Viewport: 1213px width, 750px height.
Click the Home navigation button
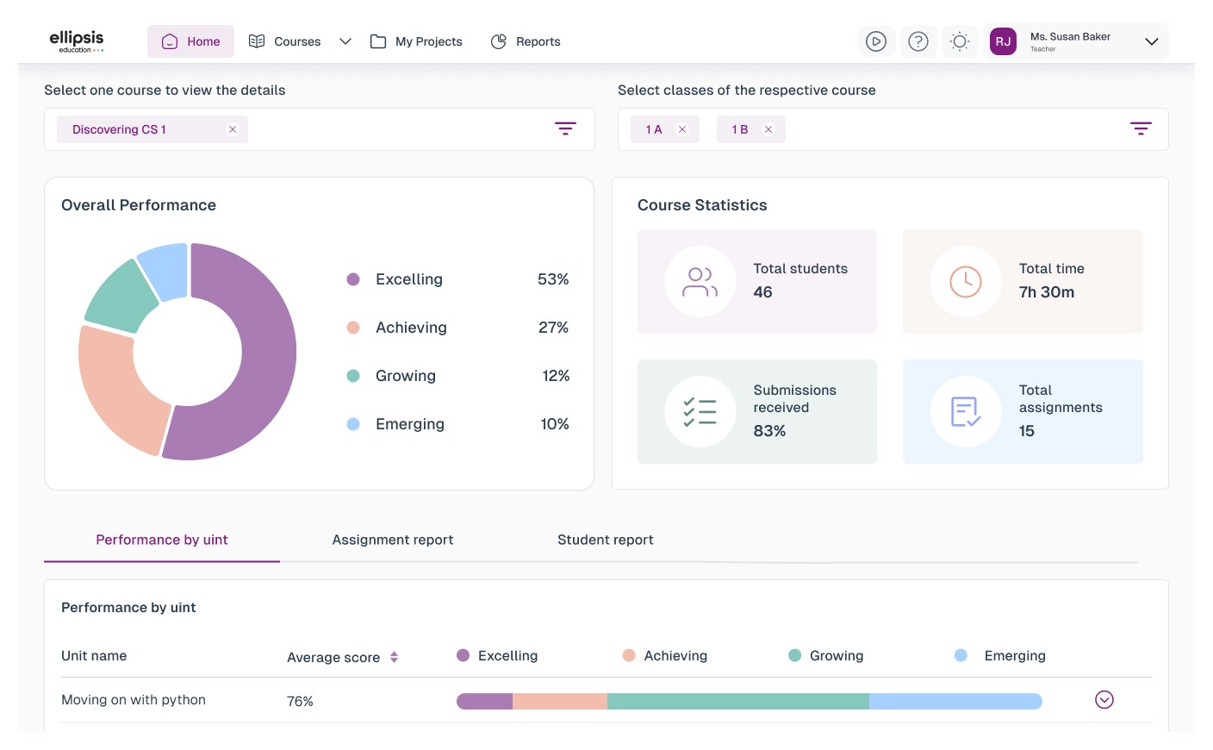click(x=190, y=41)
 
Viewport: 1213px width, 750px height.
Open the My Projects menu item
click(x=416, y=41)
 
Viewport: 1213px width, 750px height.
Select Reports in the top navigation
click(x=526, y=41)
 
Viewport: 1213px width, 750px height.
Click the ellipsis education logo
click(x=77, y=41)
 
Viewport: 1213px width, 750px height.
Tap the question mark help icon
click(x=918, y=41)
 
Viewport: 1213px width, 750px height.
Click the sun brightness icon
click(x=960, y=41)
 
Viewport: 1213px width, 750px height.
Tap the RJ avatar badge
click(x=1003, y=41)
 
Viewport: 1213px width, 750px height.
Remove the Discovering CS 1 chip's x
click(x=233, y=129)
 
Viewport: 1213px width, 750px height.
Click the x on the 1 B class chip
click(x=768, y=129)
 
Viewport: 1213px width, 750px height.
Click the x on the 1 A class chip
click(x=682, y=129)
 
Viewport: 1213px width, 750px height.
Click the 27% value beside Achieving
click(x=553, y=328)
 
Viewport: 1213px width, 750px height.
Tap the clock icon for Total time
click(x=966, y=282)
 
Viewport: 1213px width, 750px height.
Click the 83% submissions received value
click(x=769, y=431)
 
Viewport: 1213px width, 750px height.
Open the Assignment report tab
click(x=393, y=540)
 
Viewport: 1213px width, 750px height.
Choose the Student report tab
click(x=606, y=540)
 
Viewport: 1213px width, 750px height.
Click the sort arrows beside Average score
click(x=394, y=657)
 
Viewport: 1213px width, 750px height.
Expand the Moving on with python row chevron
click(x=1104, y=700)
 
